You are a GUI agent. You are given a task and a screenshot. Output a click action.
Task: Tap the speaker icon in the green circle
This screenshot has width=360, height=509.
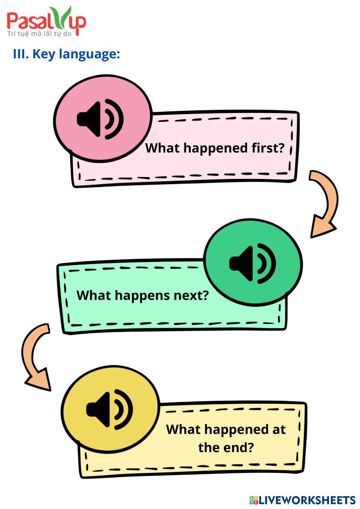(252, 263)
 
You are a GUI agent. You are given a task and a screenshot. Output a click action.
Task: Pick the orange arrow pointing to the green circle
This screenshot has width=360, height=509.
(323, 204)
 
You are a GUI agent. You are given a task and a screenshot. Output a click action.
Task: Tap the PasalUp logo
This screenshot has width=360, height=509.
(46, 22)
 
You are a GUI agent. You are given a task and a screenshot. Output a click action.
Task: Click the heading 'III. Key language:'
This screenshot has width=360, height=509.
(66, 54)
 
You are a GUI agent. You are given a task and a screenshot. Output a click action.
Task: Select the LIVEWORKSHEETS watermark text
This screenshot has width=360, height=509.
(307, 500)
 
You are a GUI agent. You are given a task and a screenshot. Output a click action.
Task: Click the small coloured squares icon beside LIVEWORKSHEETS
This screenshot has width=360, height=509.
(254, 500)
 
